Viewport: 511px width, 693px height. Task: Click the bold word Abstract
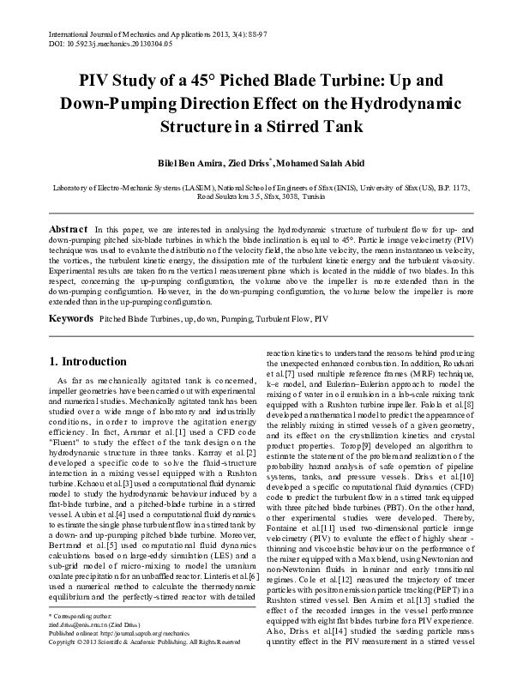pyautogui.click(x=68, y=232)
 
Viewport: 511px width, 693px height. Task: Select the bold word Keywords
pyautogui.click(x=70, y=318)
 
